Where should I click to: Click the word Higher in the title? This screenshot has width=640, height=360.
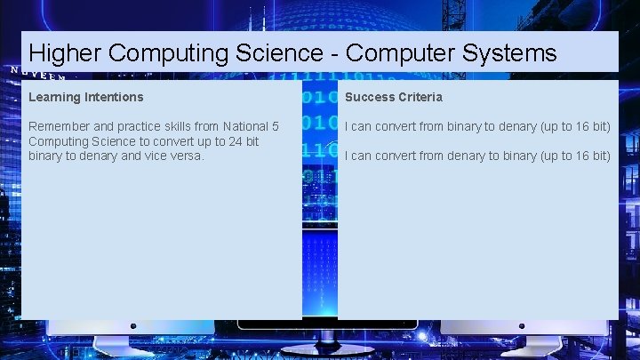coord(65,54)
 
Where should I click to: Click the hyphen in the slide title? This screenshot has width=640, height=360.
coord(331,54)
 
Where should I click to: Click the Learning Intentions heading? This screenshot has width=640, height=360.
coord(85,96)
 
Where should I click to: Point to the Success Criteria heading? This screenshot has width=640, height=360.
coord(393,96)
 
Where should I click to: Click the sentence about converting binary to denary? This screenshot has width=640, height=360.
coord(477,126)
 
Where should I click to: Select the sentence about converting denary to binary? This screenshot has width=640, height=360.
coord(477,156)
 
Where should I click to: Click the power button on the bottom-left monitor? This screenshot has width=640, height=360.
coord(133,326)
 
